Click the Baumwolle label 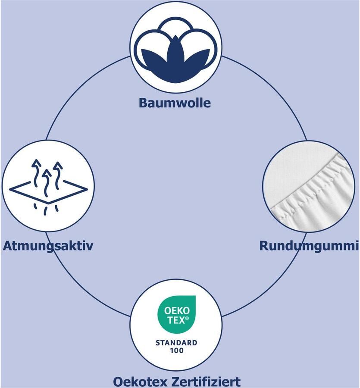(175, 103)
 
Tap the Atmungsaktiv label (48, 246)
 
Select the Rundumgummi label (309, 246)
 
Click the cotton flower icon (176, 47)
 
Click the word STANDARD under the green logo (176, 343)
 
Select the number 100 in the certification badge (176, 351)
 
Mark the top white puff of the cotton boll (176, 30)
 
